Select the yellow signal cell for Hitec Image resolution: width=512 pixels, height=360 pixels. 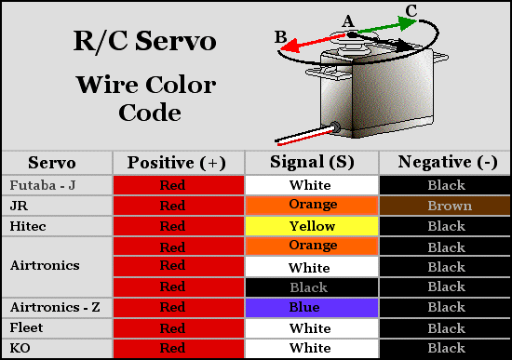(x=312, y=226)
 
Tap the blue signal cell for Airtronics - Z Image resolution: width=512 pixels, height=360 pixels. (x=312, y=307)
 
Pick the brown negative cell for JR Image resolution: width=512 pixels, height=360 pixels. (x=446, y=206)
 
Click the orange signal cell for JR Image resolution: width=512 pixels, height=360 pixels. (x=312, y=206)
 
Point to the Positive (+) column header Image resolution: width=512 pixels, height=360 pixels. (x=177, y=162)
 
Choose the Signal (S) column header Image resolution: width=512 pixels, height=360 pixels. (x=312, y=162)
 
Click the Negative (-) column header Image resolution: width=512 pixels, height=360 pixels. (x=446, y=162)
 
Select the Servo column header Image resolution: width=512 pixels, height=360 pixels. (x=52, y=162)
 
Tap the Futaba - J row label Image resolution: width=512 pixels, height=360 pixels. (x=42, y=185)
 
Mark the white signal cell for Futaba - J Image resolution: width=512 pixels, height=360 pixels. (x=312, y=185)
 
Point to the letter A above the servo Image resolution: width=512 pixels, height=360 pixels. (x=348, y=20)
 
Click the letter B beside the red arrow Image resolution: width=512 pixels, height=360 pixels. (x=280, y=36)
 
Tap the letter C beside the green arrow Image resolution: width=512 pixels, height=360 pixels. (x=411, y=11)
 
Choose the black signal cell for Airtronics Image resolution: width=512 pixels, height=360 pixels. (x=312, y=287)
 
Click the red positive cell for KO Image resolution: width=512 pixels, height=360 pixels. (x=177, y=348)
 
